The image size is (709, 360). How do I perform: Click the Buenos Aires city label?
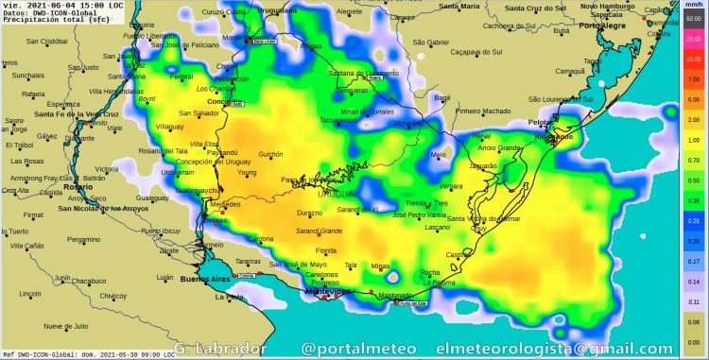206,280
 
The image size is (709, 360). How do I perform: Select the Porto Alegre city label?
603,26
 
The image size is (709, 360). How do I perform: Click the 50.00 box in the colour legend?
693,21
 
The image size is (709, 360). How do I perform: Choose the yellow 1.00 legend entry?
693,140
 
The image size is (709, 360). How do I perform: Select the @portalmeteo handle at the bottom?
358,350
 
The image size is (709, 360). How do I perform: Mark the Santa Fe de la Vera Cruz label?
76,113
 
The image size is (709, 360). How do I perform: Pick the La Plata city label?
229,298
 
